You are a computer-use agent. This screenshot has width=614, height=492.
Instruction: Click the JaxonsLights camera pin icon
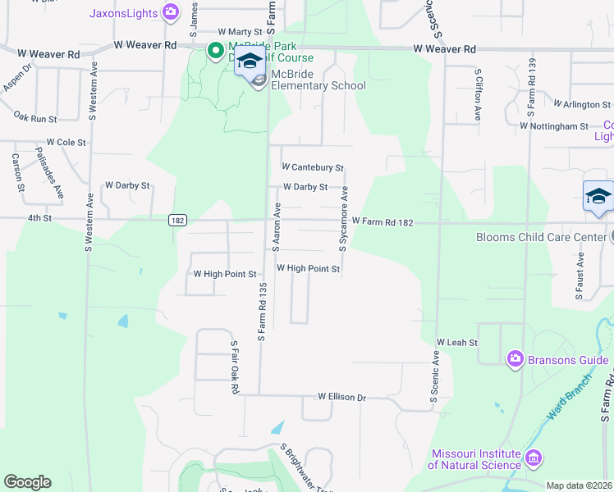[171, 11]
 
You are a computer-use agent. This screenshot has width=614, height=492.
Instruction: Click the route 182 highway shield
[176, 220]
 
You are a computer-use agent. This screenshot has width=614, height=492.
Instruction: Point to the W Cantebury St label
[312, 167]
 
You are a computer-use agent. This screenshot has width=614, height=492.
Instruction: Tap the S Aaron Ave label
[277, 225]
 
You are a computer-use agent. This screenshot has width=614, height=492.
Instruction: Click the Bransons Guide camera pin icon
[515, 358]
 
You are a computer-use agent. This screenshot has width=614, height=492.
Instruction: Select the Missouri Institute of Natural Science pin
[534, 456]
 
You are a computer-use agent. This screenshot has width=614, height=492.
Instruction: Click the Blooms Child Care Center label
[541, 238]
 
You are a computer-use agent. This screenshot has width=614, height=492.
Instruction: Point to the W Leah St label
[451, 341]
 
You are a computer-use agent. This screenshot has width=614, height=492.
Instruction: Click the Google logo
[27, 482]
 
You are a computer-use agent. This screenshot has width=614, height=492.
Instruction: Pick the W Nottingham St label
[554, 126]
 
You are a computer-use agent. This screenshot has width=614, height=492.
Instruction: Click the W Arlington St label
[582, 105]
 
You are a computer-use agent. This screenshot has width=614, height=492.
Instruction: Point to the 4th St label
[39, 218]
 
